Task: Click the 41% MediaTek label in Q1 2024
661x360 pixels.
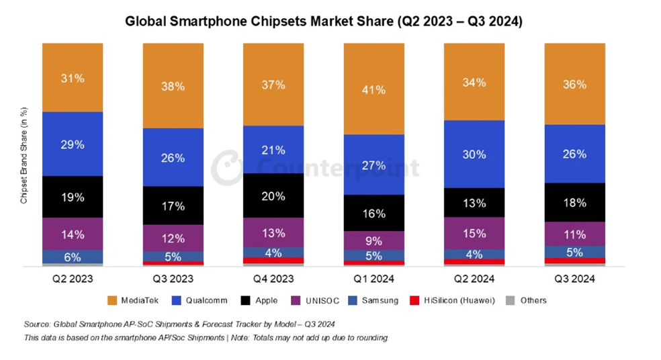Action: click(373, 89)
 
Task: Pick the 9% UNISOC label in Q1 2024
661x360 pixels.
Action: click(373, 240)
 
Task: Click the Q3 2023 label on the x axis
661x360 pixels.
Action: click(173, 278)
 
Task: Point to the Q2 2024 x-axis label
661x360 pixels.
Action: click(474, 278)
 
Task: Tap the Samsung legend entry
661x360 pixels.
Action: click(376, 300)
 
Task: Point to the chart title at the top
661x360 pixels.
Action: click(324, 21)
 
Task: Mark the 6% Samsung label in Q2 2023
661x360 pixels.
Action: click(73, 257)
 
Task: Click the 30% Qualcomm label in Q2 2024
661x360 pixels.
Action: click(474, 154)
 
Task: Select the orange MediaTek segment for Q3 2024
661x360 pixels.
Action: click(574, 84)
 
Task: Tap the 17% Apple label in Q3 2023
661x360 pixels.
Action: click(173, 206)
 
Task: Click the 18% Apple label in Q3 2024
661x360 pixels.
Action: click(574, 202)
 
